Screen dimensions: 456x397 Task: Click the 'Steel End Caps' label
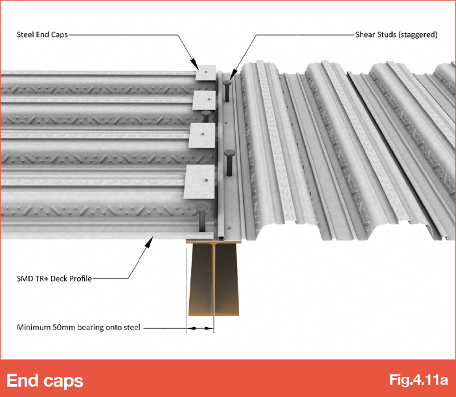tap(42, 34)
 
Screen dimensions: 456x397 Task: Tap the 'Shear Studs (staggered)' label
tap(396, 34)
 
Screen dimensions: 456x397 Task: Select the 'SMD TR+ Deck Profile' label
tap(54, 278)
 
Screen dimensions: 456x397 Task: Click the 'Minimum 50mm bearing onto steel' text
tap(78, 327)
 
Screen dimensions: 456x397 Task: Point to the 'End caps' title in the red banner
tap(45, 380)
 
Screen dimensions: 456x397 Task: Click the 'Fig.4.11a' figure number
tap(418, 380)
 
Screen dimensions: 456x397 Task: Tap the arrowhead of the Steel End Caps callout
tap(195, 65)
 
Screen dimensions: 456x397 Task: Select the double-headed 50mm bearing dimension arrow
tap(200, 328)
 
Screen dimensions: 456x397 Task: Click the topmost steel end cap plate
tap(205, 73)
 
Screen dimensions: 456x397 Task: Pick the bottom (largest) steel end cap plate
tap(199, 182)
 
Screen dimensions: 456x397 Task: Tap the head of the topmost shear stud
tap(227, 82)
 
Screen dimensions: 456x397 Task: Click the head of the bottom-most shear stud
tap(201, 207)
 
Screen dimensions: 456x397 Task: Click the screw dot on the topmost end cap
tap(205, 71)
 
